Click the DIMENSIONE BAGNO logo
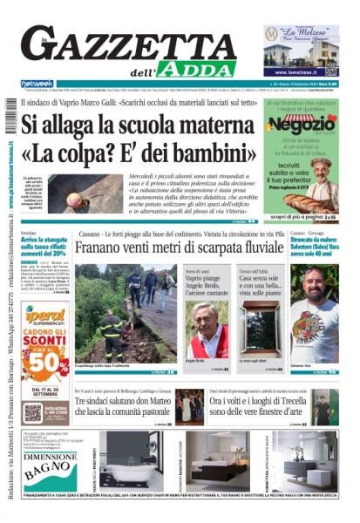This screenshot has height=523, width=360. point(49,465)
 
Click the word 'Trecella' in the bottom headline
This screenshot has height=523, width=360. point(287,403)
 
